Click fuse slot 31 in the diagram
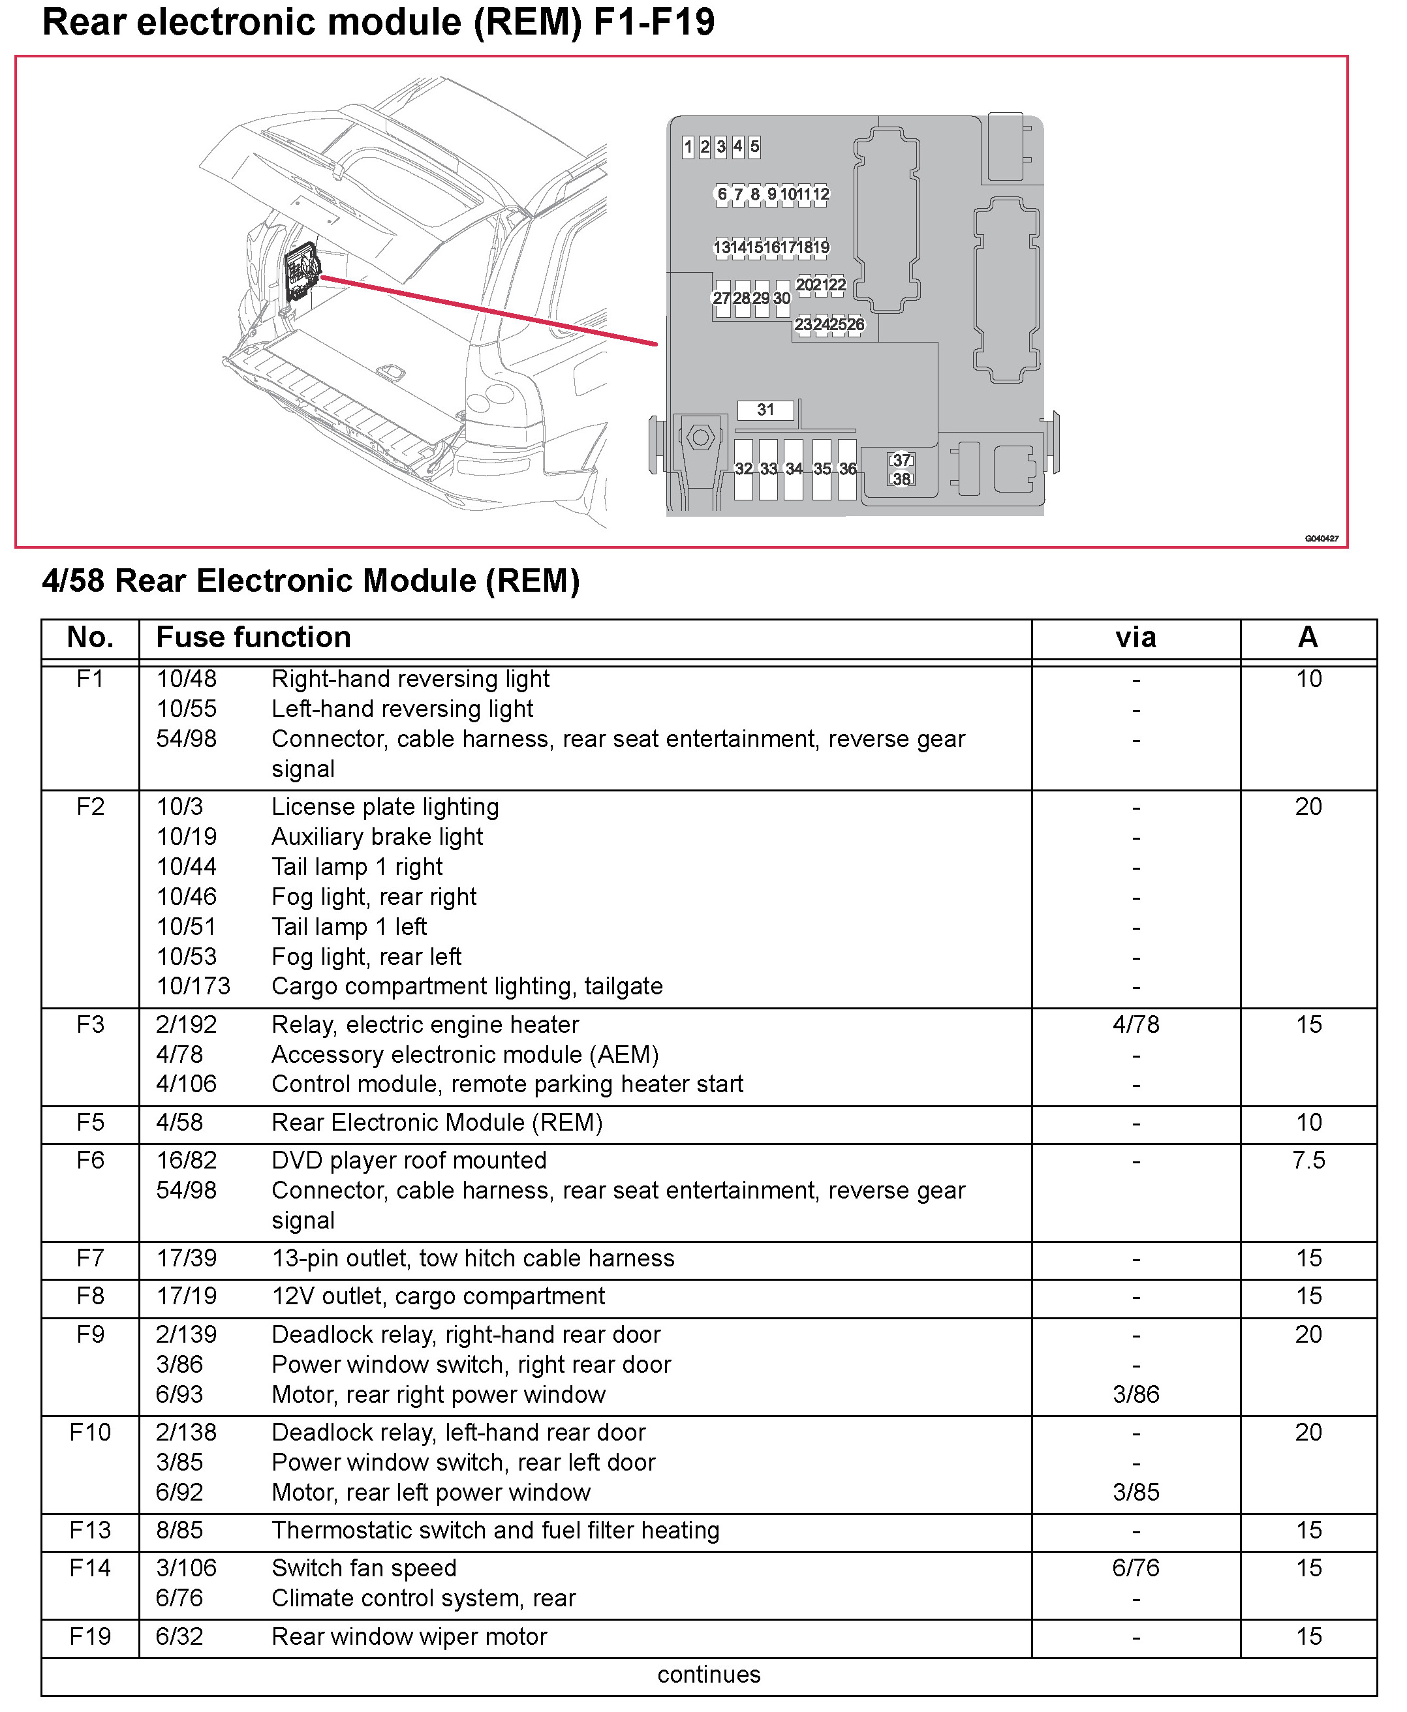[x=765, y=410]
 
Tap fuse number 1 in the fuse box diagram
[x=688, y=147]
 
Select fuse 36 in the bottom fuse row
[x=848, y=469]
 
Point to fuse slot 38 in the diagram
[x=901, y=479]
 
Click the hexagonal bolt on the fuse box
[x=700, y=438]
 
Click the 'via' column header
[x=1136, y=637]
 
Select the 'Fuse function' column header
[x=254, y=637]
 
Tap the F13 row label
[x=90, y=1530]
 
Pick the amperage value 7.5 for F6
[x=1308, y=1160]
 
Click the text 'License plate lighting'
[x=385, y=807]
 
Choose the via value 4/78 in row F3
[x=1136, y=1025]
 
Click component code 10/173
[x=193, y=986]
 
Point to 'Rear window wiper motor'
[x=409, y=1637]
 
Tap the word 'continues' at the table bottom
[x=708, y=1675]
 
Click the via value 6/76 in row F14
[x=1136, y=1568]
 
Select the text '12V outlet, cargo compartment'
[x=438, y=1296]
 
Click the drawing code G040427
[x=1321, y=538]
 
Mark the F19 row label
[x=90, y=1637]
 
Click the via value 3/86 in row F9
[x=1136, y=1394]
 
